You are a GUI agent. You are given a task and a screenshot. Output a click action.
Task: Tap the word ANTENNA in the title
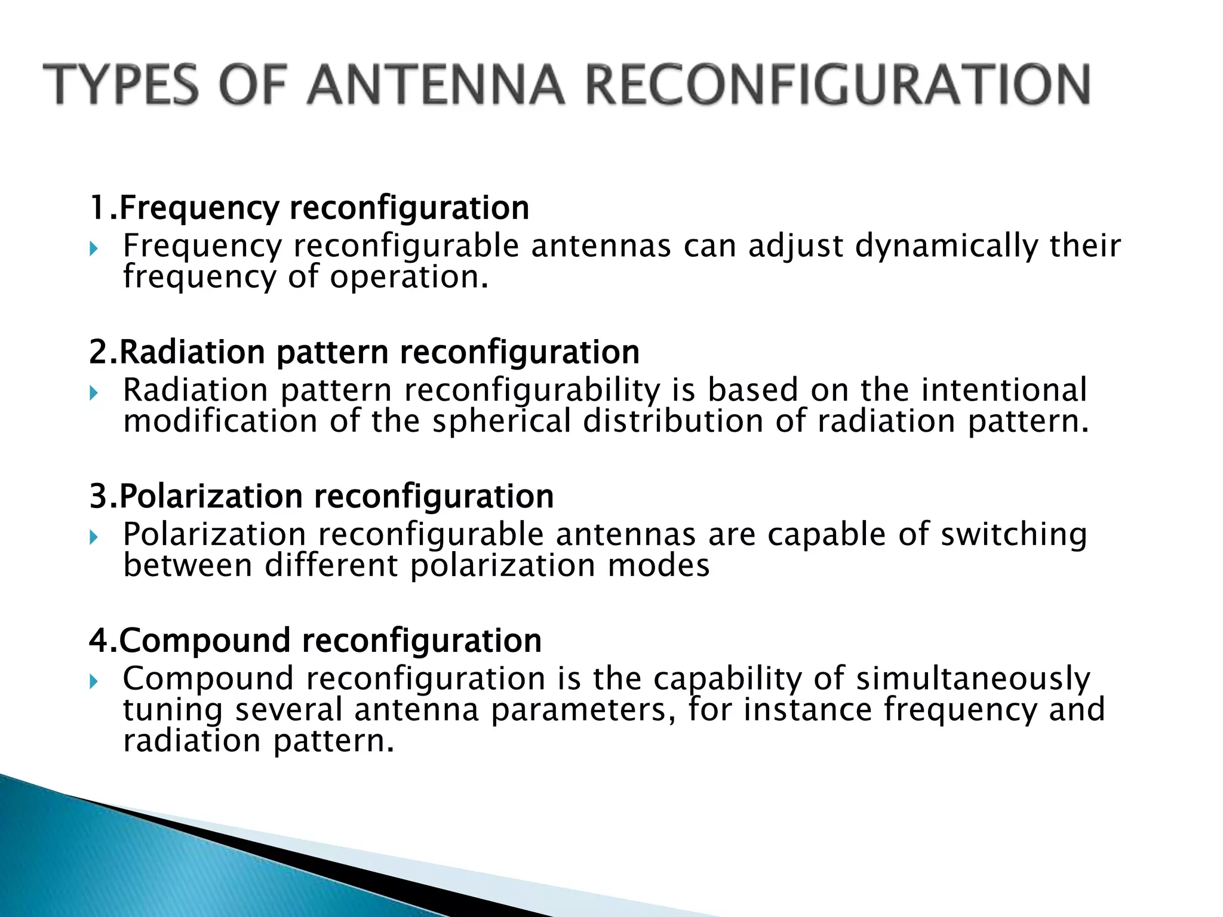click(x=435, y=85)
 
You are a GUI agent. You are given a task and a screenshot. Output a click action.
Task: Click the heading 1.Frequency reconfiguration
click(x=309, y=208)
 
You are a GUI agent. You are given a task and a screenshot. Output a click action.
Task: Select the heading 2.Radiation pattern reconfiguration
click(x=364, y=352)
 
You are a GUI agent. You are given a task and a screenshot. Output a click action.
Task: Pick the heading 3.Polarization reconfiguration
click(x=322, y=496)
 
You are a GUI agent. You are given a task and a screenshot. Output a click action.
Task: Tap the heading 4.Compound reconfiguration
click(x=315, y=641)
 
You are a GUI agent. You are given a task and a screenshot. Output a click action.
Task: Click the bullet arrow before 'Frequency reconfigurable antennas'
click(x=93, y=248)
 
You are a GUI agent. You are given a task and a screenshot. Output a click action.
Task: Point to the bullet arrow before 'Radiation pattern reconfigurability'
click(x=93, y=392)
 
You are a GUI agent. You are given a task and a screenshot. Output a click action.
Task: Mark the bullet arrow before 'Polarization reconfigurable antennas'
click(x=93, y=537)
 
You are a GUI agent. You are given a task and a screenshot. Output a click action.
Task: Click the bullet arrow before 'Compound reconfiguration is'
click(x=93, y=681)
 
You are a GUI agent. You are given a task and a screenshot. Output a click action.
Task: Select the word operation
click(x=408, y=277)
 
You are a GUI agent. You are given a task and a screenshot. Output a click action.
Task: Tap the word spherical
click(x=502, y=421)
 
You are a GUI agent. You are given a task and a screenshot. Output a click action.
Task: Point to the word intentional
click(x=1004, y=390)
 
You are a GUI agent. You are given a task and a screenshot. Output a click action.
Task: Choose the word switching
click(x=1013, y=535)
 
